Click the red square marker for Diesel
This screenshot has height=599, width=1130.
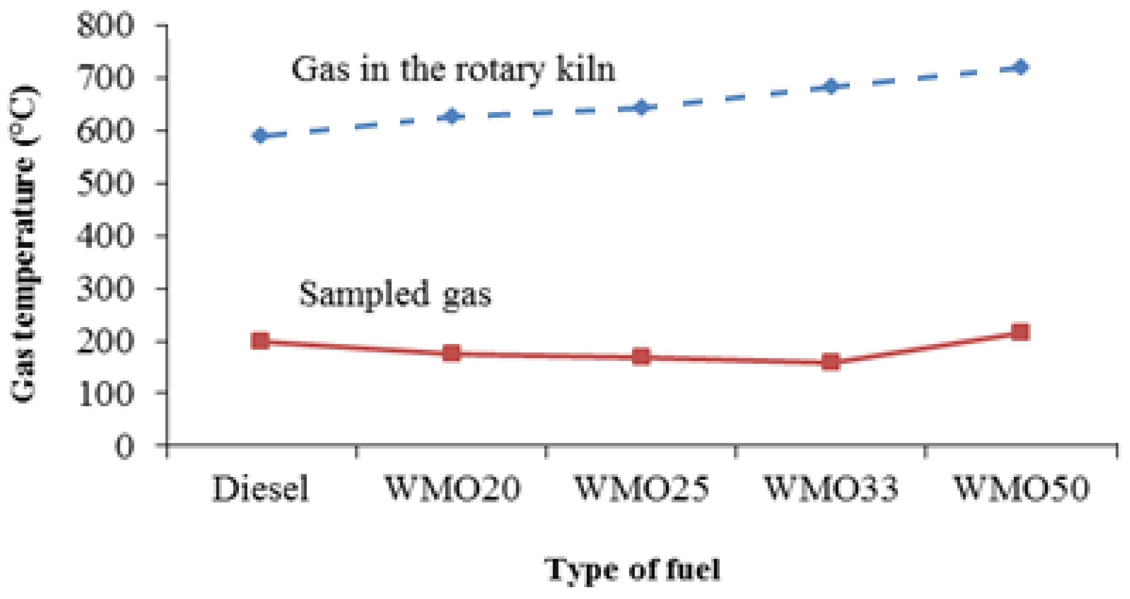260,341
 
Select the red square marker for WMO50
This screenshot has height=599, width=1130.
1021,331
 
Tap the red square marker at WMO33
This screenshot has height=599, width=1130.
831,362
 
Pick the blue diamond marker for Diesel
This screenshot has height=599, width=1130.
260,136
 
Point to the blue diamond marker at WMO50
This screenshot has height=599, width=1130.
1021,67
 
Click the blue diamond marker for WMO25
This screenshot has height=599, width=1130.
641,107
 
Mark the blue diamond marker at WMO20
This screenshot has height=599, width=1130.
451,117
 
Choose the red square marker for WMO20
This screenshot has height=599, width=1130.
451,353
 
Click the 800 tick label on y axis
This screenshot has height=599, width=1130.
105,25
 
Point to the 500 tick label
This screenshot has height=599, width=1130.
105,183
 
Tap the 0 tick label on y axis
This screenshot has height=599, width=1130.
124,447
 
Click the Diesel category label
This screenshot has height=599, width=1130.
261,489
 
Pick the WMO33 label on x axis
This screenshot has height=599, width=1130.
831,489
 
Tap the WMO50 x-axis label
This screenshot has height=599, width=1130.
1021,489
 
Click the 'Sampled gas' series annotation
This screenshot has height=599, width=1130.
395,294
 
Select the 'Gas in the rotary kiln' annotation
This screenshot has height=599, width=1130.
454,69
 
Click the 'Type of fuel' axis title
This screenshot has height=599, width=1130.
632,569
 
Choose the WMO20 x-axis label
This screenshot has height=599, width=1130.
452,489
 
